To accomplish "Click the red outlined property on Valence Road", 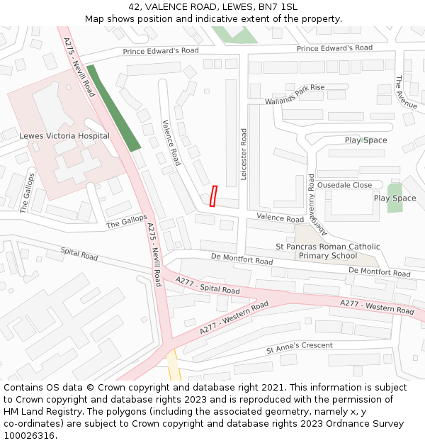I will [213, 196].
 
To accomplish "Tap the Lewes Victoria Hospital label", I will [64, 136].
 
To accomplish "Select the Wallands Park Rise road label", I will [295, 94].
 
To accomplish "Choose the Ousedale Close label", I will [344, 185].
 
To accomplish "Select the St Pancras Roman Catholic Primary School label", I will [327, 251].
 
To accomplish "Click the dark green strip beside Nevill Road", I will [113, 108].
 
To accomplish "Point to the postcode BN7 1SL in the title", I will [278, 7].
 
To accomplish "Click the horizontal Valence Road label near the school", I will [280, 218].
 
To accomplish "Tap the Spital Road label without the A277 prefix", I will [79, 254].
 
